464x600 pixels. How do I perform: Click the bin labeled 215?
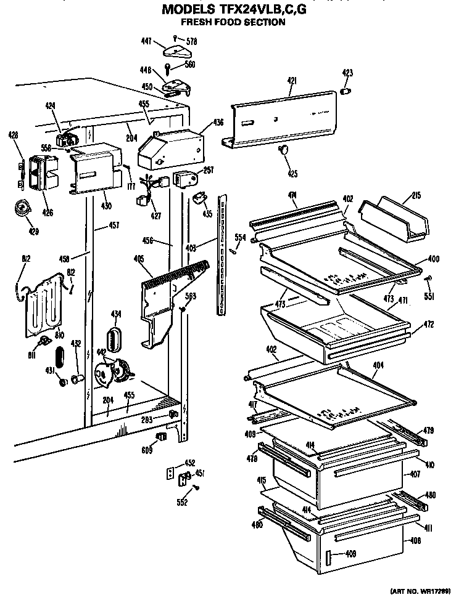395,221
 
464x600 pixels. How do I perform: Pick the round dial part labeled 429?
23,209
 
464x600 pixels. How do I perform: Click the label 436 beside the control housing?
219,123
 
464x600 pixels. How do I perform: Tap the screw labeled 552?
196,487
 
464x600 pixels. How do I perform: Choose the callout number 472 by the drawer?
428,324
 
